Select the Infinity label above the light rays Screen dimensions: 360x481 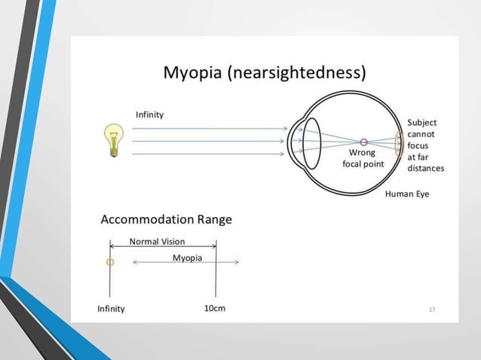click(x=149, y=114)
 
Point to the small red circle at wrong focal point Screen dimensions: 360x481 click(x=364, y=142)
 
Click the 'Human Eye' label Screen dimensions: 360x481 click(x=406, y=194)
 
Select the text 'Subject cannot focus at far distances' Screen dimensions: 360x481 click(x=424, y=145)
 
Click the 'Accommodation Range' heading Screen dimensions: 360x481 click(x=166, y=220)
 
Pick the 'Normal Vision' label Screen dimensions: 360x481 click(x=157, y=242)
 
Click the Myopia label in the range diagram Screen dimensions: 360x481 click(x=187, y=258)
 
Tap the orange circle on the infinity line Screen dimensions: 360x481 click(x=110, y=262)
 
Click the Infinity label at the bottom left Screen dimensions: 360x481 click(x=111, y=309)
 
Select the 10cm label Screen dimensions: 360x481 click(x=214, y=308)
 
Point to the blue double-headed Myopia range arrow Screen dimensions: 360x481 click(x=185, y=263)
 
